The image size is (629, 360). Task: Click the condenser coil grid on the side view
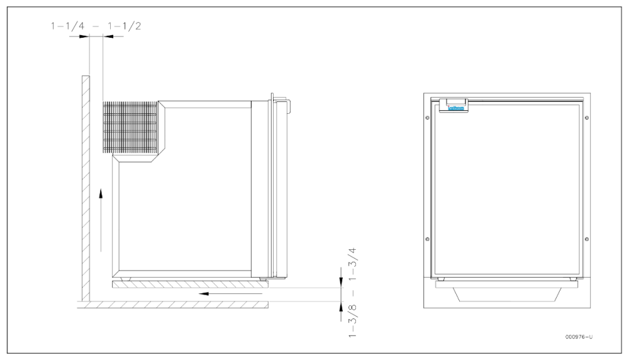pos(130,126)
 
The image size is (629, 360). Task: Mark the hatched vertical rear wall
pos(84,189)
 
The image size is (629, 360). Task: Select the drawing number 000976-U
pos(579,337)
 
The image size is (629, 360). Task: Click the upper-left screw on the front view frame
pos(428,118)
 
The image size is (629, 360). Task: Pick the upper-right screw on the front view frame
pos(586,118)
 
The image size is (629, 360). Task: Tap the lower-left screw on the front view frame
pos(428,239)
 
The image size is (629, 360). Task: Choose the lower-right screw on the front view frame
pos(586,239)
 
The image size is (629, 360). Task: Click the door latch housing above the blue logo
pos(455,101)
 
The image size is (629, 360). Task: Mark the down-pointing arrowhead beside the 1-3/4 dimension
pos(341,281)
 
